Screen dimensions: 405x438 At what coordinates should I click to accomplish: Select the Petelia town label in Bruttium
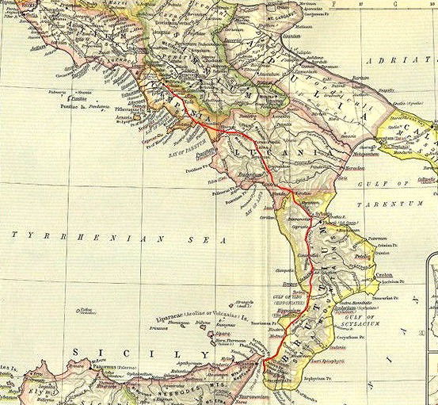pyautogui.click(x=364, y=258)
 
